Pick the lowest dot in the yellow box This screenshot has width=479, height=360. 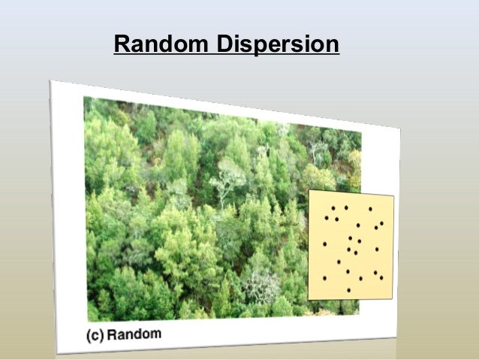348,290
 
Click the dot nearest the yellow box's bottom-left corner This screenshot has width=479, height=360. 324,278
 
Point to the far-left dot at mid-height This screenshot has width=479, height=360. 324,244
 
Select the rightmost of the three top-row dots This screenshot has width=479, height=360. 370,209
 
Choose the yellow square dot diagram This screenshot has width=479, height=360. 351,245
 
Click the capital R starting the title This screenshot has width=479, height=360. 122,46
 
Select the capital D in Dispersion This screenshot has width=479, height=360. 223,46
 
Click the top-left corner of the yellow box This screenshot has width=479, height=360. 309,190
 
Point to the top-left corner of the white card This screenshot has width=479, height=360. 51,80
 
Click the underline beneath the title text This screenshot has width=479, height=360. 226,57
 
